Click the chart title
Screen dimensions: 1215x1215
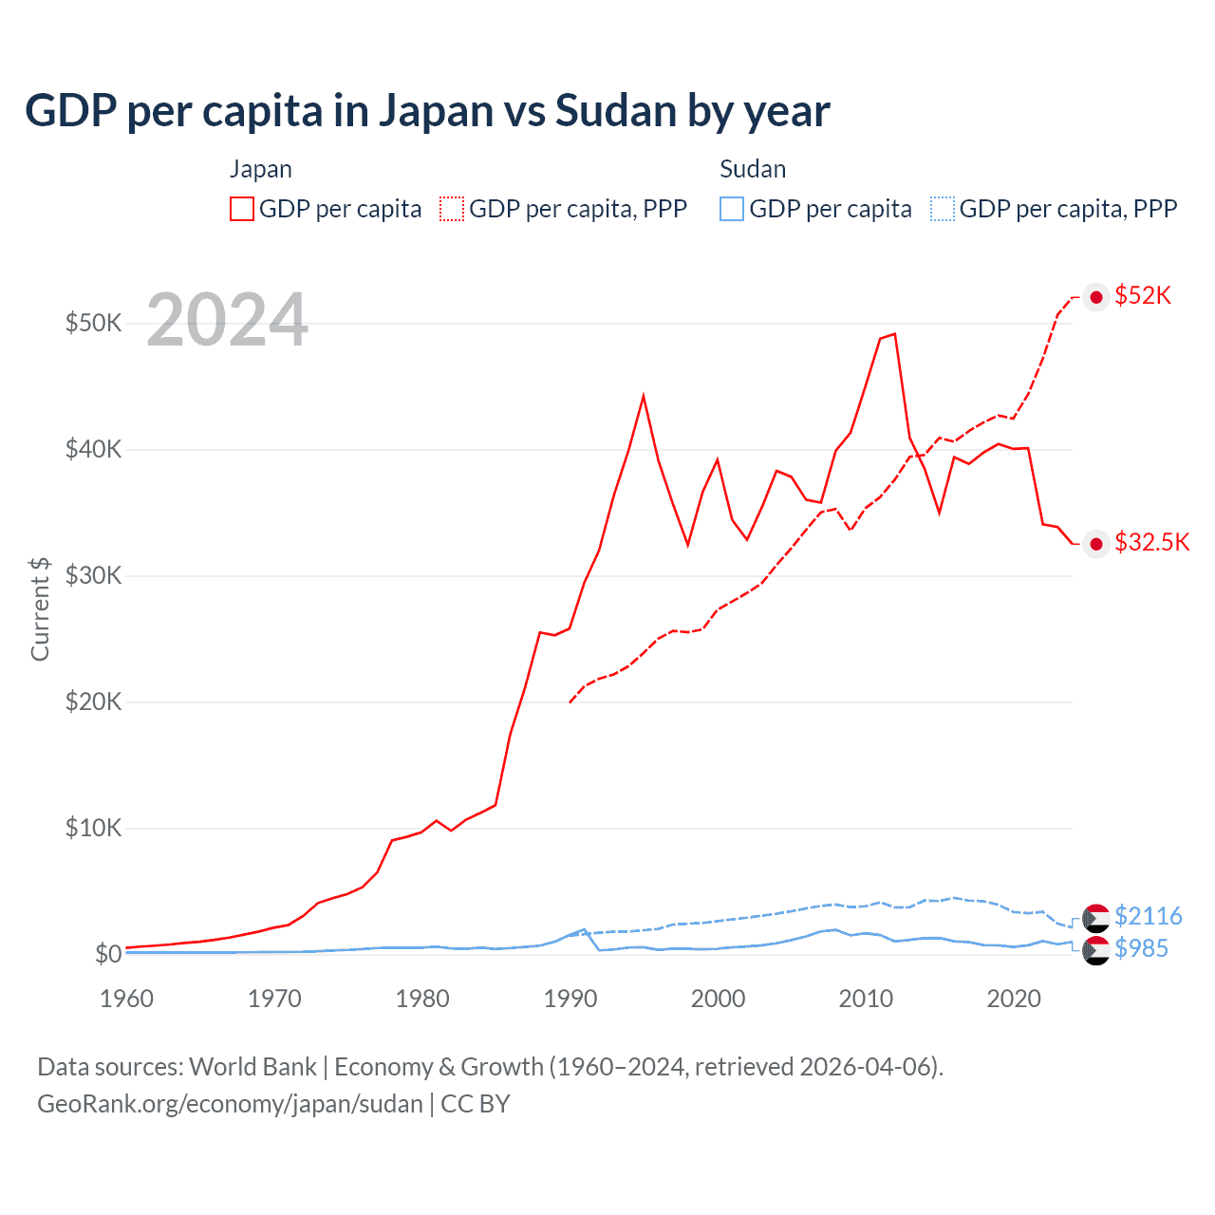[427, 111]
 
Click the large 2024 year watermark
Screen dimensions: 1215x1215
[227, 320]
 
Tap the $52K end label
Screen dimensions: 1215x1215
[1143, 296]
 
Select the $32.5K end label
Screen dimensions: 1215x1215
[1151, 543]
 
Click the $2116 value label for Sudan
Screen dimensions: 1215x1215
[1148, 916]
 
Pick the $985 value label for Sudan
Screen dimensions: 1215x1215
[1142, 948]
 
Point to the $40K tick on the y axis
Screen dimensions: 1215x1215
[93, 449]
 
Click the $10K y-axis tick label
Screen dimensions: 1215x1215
[93, 828]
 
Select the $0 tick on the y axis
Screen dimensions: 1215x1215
[107, 954]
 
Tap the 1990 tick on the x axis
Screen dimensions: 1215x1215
[570, 999]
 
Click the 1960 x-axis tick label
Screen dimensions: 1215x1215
[126, 999]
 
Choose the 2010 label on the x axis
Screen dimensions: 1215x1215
[866, 999]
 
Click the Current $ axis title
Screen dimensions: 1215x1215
[40, 608]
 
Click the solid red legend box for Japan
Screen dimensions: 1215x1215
[242, 209]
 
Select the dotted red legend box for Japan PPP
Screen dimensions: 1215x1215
[452, 209]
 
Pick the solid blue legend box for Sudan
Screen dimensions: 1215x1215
[732, 209]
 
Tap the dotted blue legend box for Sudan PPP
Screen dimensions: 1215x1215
[943, 209]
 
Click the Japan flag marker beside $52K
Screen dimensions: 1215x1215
[1096, 297]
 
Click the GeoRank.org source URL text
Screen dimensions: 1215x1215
[230, 1104]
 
